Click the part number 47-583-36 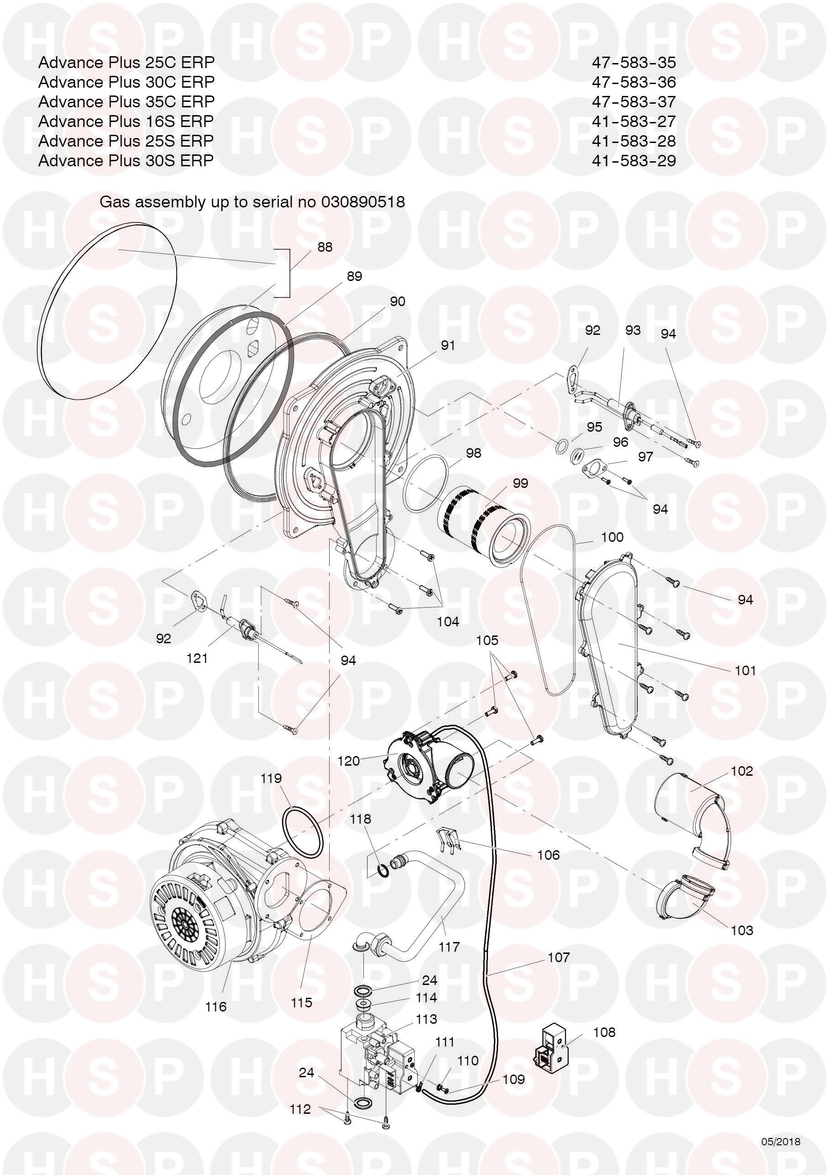point(634,82)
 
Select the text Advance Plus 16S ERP point(126,121)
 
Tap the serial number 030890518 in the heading point(362,201)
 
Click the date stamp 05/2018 point(781,1141)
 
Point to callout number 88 point(325,247)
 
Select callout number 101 point(745,670)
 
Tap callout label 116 point(215,1006)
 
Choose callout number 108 point(604,1032)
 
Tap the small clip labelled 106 point(448,840)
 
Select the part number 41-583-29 point(634,160)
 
